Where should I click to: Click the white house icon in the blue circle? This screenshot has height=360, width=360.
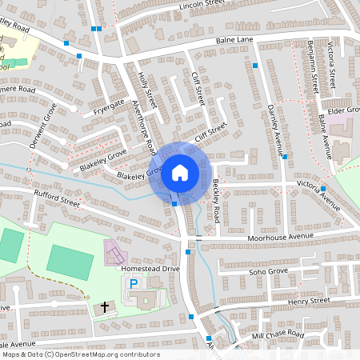[180, 172]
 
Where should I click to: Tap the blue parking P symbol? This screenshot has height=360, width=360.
[134, 283]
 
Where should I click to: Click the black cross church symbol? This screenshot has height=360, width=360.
[104, 307]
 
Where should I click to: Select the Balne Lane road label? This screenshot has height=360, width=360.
[233, 40]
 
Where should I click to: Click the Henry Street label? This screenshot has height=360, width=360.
[308, 300]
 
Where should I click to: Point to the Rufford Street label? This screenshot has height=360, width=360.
[57, 198]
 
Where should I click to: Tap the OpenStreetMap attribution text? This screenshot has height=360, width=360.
[80, 354]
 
